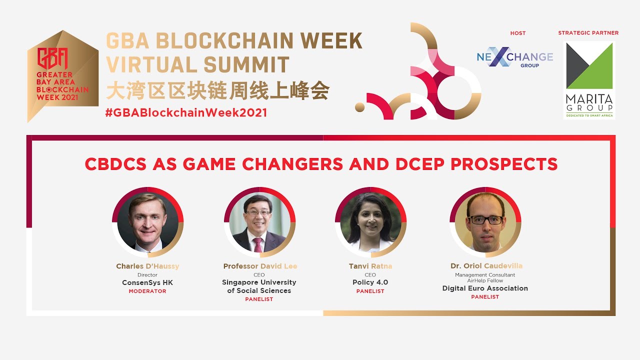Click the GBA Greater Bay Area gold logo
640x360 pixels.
[62, 76]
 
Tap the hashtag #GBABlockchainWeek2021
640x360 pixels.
[186, 112]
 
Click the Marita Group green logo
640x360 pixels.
[589, 80]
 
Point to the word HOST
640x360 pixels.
[518, 33]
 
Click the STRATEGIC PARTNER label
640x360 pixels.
[588, 33]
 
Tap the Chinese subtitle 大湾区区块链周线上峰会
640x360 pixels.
[217, 91]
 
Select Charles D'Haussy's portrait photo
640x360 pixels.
[147, 222]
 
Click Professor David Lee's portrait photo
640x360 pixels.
[259, 222]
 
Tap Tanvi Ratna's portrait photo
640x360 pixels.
[370, 222]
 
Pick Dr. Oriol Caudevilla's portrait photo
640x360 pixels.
[485, 222]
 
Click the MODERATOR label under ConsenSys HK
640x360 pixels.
[147, 291]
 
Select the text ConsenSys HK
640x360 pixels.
[147, 282]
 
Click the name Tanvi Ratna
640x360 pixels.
[370, 266]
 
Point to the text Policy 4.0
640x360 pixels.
[370, 282]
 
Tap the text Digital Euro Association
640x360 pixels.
[485, 288]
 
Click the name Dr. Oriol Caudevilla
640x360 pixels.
[485, 266]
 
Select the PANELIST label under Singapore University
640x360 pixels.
[259, 299]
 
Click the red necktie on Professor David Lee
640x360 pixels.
[258, 245]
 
